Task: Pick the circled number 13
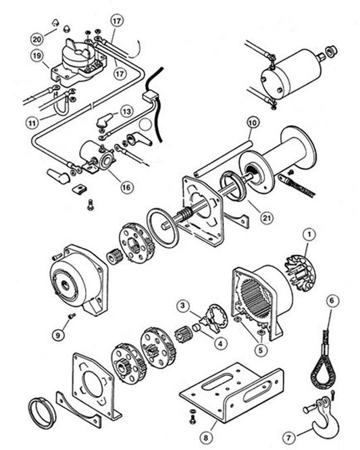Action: coord(126,109)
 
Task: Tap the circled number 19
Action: coord(35,57)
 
